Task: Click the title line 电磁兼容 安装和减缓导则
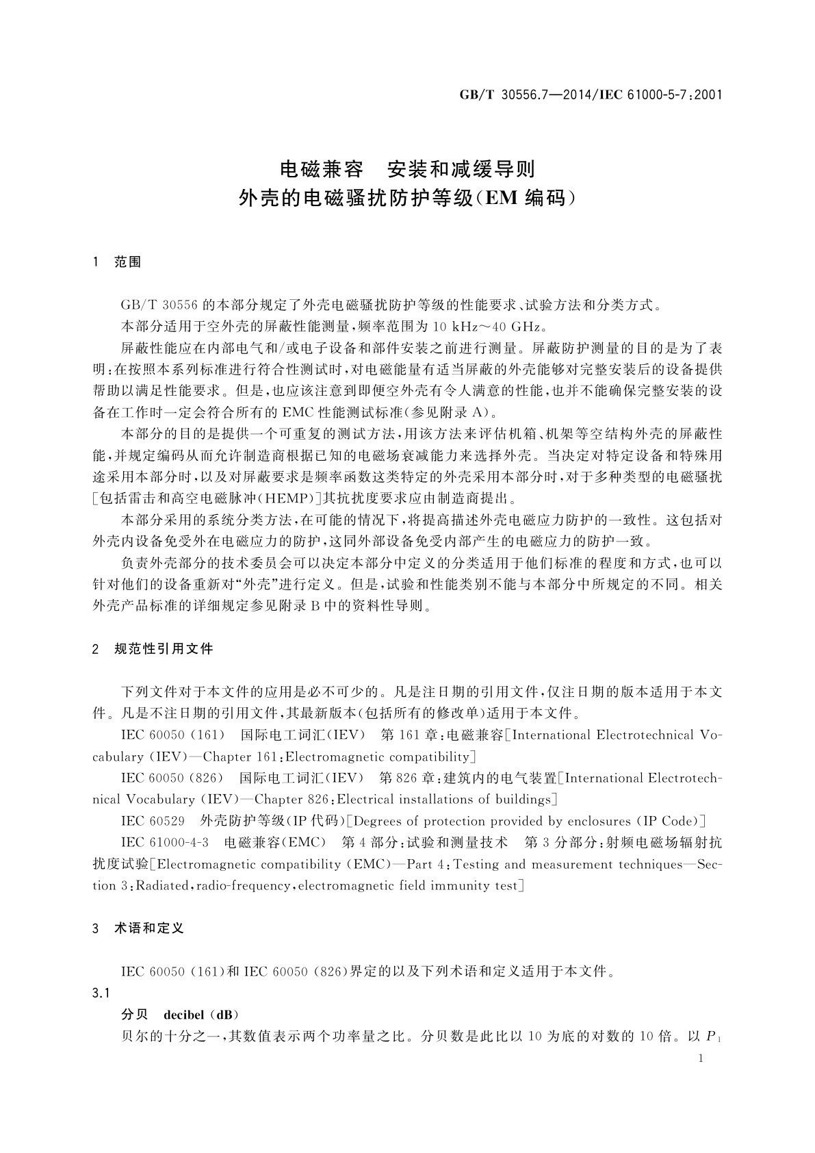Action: [x=409, y=168]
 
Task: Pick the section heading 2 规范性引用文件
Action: [x=153, y=648]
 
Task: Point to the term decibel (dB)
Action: [x=201, y=1014]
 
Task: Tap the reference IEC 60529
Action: [x=153, y=821]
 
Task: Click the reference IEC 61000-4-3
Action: [x=165, y=842]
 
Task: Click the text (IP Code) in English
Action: [x=671, y=821]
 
